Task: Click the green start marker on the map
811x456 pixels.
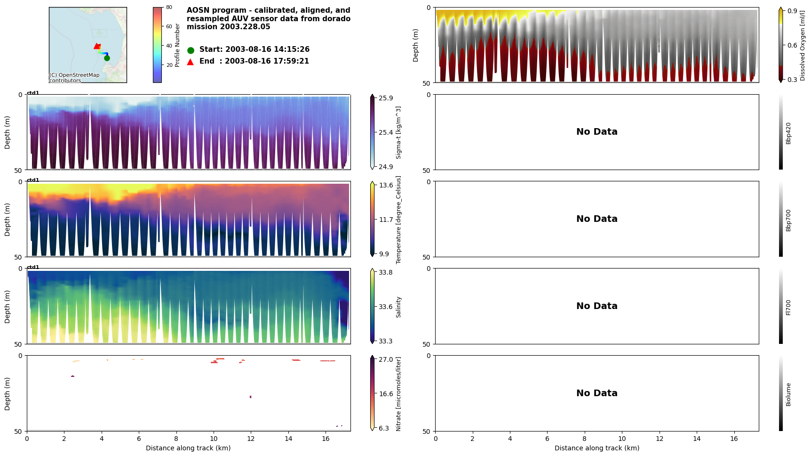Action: pos(107,58)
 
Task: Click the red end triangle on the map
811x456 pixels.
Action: pos(96,46)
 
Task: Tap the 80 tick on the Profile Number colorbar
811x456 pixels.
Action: pos(169,8)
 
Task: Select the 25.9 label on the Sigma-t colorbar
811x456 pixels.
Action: pos(386,98)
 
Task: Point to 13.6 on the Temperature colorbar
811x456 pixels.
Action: pos(386,185)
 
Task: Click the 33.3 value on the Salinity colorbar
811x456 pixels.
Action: pos(386,341)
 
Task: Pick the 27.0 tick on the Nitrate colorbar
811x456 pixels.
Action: pos(386,359)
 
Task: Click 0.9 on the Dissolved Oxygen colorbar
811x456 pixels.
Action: pos(792,11)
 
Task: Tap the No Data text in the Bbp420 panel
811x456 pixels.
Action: pos(596,132)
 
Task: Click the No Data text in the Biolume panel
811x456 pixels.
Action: pos(596,393)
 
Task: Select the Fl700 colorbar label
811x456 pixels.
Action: pos(788,307)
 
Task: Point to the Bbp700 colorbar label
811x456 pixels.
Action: pos(788,220)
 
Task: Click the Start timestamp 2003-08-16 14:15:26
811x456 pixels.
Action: pos(254,49)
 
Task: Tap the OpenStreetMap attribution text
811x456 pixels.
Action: pos(74,78)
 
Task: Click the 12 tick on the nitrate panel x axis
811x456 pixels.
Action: pos(251,439)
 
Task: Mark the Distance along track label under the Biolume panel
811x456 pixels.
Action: pos(596,448)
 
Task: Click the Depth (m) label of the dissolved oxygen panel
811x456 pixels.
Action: pos(416,45)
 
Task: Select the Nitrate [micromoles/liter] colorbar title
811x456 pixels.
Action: pos(398,394)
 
